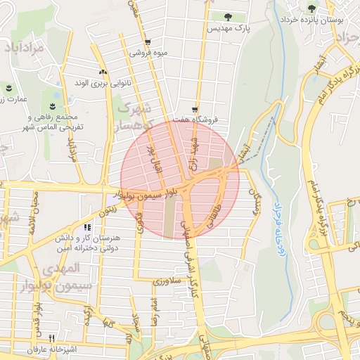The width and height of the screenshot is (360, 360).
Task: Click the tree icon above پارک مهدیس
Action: point(226,17)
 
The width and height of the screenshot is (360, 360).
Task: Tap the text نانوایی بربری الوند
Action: point(103,83)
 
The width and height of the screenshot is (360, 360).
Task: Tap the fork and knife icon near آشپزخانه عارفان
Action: point(51,339)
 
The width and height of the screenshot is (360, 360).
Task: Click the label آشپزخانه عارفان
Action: point(50,349)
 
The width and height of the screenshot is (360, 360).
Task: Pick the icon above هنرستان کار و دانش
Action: point(87,227)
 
